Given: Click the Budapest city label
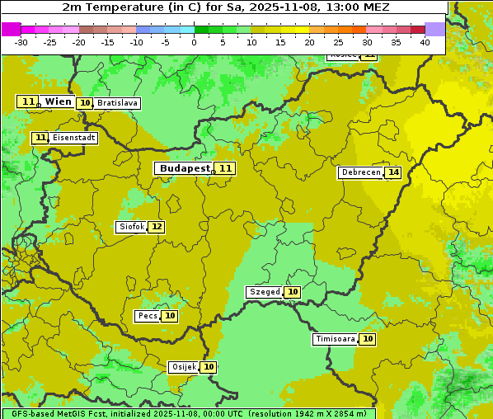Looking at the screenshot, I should click(185, 168).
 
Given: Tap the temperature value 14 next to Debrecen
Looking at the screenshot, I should click(393, 172).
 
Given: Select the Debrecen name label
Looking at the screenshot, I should click(360, 172).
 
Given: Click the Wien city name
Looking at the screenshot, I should click(58, 101).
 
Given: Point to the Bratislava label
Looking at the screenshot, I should click(116, 103).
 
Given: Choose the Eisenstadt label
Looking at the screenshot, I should click(73, 138).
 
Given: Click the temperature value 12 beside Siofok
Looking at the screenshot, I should click(156, 227).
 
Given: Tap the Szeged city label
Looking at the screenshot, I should click(265, 292).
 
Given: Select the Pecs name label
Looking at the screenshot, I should click(148, 316).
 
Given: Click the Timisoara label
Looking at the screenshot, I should click(336, 339).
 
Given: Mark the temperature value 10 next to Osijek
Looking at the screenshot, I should click(209, 367).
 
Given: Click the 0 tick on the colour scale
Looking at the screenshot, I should click(195, 41).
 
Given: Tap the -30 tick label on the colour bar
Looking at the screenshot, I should click(21, 41).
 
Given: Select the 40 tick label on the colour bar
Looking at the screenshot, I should click(425, 41).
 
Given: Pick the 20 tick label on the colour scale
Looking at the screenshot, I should click(309, 41).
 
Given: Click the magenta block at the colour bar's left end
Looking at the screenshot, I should click(11, 29).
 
